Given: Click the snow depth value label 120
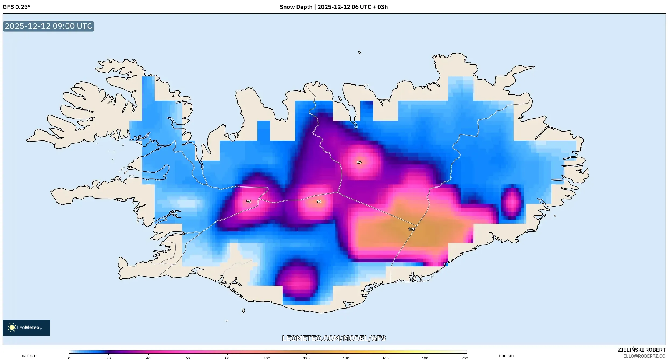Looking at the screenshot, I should (x=412, y=229).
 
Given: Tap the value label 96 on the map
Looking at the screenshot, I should (x=359, y=162).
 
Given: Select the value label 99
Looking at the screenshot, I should (x=319, y=202).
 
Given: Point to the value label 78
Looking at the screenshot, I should (x=249, y=202).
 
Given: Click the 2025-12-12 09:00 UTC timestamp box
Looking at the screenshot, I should (x=48, y=26).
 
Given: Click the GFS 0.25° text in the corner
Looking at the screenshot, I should (x=16, y=7).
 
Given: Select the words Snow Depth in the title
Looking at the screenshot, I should (x=296, y=7).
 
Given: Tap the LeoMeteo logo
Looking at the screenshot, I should (x=26, y=327).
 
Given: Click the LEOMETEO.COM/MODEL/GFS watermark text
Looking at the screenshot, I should (x=334, y=338).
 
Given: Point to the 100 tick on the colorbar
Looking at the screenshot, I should (x=267, y=358).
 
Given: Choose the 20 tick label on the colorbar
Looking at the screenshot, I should (x=108, y=358).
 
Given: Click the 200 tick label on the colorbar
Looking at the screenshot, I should (x=465, y=358).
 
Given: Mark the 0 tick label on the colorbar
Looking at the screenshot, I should (x=69, y=358).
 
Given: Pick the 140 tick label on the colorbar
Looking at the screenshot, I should (x=346, y=358).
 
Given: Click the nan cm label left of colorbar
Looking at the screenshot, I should (x=29, y=355).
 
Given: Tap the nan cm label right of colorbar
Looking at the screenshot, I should (x=506, y=355).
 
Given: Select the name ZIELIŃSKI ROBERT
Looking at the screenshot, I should (x=641, y=350).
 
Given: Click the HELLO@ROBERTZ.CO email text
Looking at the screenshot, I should (x=642, y=356).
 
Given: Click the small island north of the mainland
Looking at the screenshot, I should (x=360, y=52).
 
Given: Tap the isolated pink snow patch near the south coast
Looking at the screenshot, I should (x=296, y=281).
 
